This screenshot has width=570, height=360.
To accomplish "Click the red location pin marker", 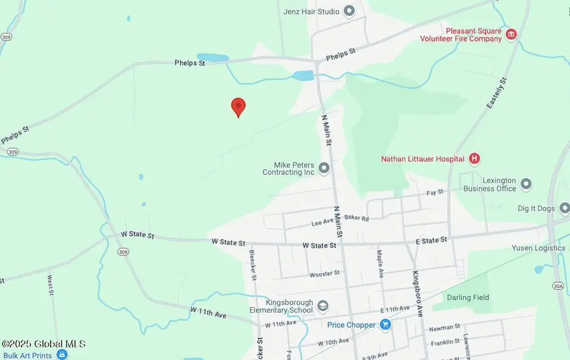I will click(x=238, y=106).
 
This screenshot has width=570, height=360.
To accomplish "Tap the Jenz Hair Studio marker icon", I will click(x=349, y=11).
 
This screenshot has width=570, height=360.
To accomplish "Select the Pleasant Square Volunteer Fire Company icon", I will click(x=510, y=34).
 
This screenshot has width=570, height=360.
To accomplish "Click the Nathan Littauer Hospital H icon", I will click(x=474, y=158).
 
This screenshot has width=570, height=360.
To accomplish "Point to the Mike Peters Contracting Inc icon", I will click(x=324, y=168).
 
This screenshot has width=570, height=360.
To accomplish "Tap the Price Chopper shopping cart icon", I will click(x=385, y=325).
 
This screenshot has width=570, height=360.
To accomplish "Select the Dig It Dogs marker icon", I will click(x=564, y=208).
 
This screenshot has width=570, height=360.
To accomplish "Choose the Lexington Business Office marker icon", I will click(x=526, y=184).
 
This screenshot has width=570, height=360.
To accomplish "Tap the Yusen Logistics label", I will click(x=538, y=248).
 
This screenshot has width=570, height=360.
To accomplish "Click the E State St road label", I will click(x=431, y=240).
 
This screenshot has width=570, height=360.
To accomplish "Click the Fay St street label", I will click(x=435, y=192).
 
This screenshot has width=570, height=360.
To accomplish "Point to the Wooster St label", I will click(x=324, y=274).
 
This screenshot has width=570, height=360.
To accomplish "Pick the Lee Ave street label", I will click(x=322, y=223).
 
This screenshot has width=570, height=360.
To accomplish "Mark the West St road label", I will click(x=51, y=285).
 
